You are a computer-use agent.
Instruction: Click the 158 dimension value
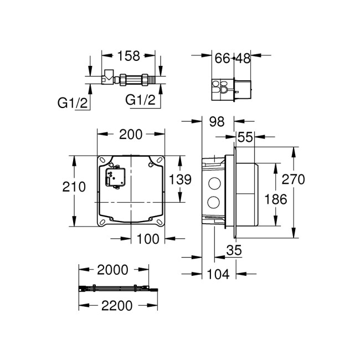coord(128,56)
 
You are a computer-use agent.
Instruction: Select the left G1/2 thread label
coord(73,102)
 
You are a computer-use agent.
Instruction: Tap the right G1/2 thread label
coord(139,100)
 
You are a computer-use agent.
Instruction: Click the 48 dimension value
coord(244,58)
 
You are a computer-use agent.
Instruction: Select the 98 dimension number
coord(217,121)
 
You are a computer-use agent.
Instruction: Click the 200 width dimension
coord(131,134)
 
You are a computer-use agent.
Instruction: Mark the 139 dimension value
coord(180,179)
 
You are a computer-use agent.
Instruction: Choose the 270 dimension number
coord(293,179)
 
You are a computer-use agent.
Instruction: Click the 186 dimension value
coord(276,199)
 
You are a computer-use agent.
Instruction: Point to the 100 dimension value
coord(148,239)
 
